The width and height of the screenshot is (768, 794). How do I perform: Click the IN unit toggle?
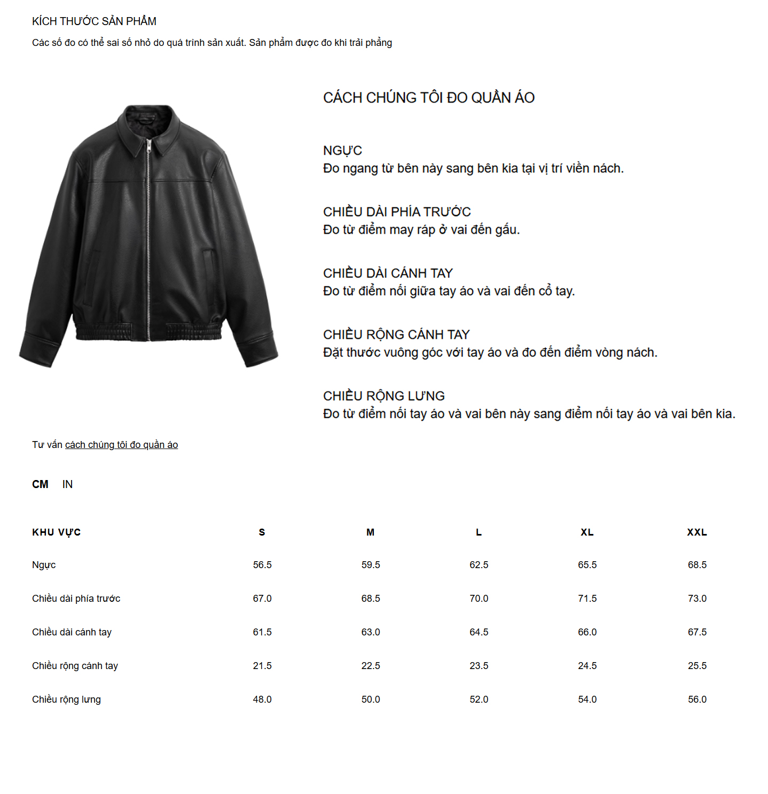[x=67, y=484]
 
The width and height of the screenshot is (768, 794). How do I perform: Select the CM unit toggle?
[x=40, y=484]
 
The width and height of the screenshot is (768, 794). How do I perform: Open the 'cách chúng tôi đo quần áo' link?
[x=121, y=445]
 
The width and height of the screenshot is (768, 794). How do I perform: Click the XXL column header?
[x=697, y=532]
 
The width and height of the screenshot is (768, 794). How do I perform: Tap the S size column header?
[x=262, y=532]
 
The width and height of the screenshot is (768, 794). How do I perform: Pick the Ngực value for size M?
[x=371, y=565]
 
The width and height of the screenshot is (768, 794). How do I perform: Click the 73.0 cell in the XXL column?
[x=697, y=599]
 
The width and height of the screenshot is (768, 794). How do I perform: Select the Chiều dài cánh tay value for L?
[x=479, y=632]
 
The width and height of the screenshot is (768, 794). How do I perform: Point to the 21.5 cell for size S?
[x=262, y=666]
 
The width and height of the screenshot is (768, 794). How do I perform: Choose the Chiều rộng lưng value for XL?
[x=587, y=699]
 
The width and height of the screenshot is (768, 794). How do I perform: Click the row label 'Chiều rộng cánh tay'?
[x=75, y=666]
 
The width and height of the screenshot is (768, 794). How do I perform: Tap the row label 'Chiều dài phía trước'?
[x=76, y=599]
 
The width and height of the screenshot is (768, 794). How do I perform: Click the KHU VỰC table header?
[x=56, y=532]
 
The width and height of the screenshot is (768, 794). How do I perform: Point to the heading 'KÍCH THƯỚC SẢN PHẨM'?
[x=94, y=21]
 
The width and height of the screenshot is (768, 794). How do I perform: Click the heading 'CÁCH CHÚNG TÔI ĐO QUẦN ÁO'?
[x=428, y=98]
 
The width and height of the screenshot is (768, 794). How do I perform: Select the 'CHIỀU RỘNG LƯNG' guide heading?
[x=383, y=396]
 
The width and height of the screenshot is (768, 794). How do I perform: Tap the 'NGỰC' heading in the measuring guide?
[x=342, y=151]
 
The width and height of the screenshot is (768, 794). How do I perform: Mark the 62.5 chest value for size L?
[x=479, y=565]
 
